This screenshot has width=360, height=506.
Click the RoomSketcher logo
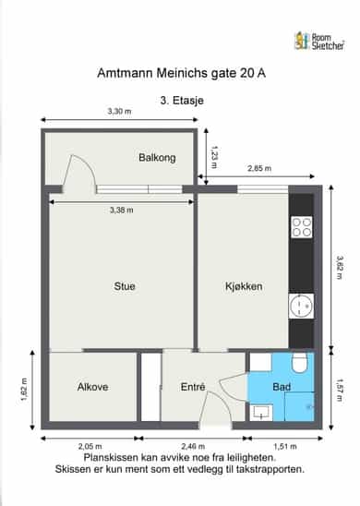point(319,42)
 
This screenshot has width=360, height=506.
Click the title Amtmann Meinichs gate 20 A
point(181,73)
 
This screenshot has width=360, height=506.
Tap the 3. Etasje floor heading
point(182,101)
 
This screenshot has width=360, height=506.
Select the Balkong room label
point(157,158)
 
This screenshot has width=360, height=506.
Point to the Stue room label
point(125,286)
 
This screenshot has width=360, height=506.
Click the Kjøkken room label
point(244,286)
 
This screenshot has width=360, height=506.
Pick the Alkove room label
point(92,387)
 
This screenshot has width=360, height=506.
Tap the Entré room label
point(193,387)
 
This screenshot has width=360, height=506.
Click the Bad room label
point(282,387)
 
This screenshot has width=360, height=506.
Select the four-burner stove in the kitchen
point(302,227)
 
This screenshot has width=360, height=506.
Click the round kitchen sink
point(301,306)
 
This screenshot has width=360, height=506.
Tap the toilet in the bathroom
point(299,363)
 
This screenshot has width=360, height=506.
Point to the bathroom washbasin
point(261,413)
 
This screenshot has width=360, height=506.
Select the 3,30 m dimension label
point(119,112)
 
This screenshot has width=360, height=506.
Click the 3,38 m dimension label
point(121,211)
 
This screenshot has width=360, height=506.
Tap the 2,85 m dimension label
point(259,168)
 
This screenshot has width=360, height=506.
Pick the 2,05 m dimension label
point(90,446)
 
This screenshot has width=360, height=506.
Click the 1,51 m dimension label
point(285,446)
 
